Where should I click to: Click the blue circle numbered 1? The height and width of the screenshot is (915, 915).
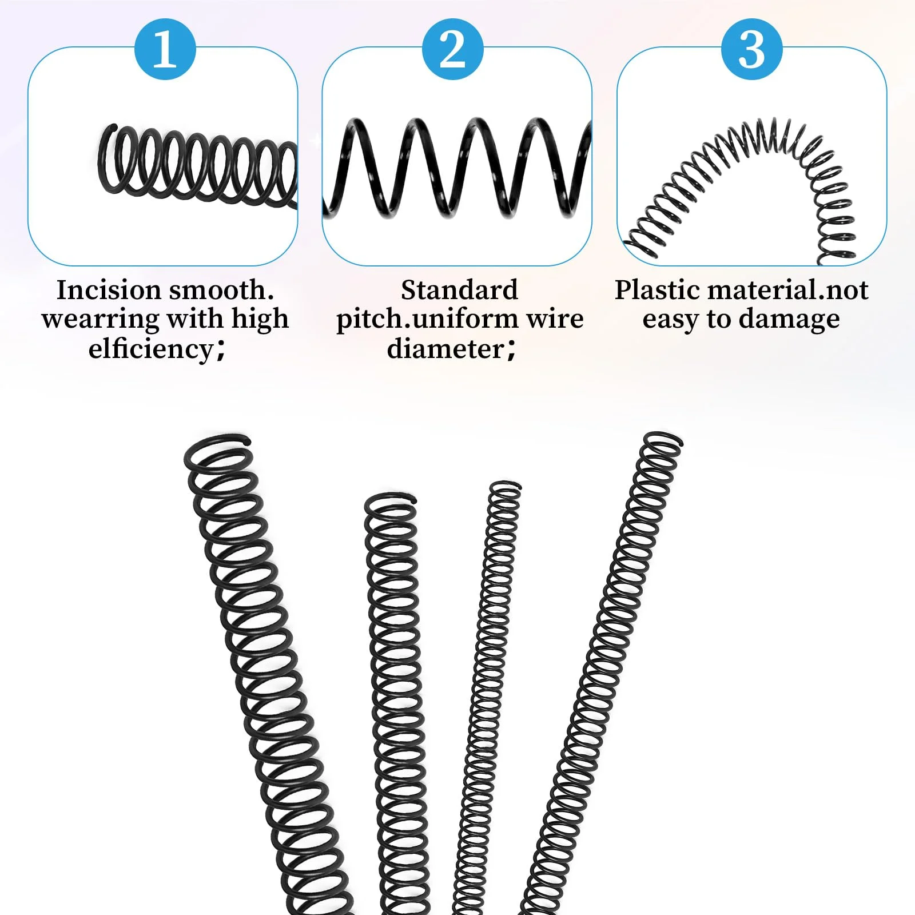coord(165,49)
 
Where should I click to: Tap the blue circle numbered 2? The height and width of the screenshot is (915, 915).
coord(452,49)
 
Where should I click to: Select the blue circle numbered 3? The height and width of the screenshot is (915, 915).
coord(751,49)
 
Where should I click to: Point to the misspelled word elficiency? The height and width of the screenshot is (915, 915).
coord(151,349)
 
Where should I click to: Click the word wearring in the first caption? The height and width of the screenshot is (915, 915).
coord(100,319)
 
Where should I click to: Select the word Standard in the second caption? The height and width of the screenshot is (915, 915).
coord(459,290)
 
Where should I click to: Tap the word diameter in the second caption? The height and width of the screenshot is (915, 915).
coord(445,349)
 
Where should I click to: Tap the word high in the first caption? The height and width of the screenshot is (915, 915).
coord(260,319)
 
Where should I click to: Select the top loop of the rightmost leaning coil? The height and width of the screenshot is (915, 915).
coord(663,443)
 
